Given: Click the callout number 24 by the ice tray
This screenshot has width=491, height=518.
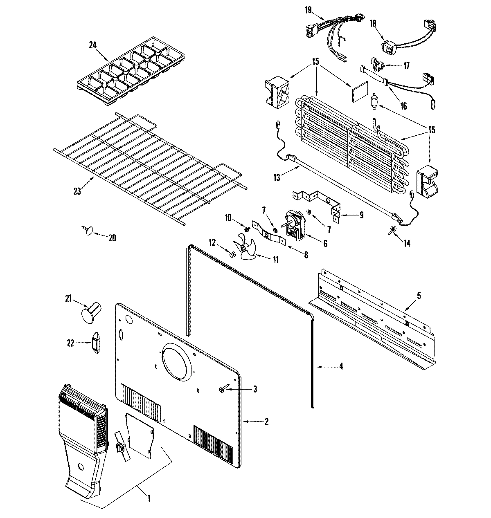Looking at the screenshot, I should [x=93, y=45].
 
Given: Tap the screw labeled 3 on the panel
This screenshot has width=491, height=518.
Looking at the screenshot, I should [x=221, y=390].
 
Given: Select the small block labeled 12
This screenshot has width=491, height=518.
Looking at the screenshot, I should [x=232, y=254].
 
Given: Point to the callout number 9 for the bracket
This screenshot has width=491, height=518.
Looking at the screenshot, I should [x=361, y=215].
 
